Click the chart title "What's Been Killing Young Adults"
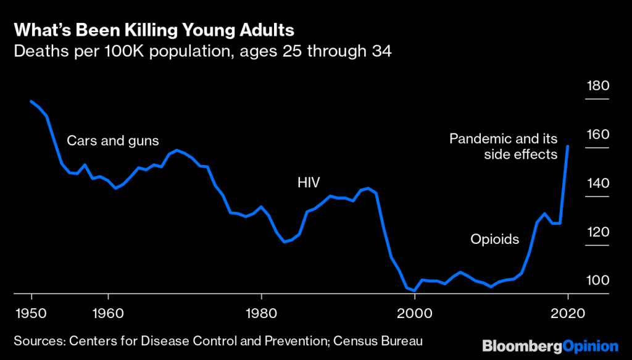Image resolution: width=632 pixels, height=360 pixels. pyautogui.click(x=154, y=30)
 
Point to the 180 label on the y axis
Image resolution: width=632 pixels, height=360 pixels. pyautogui.click(x=597, y=86)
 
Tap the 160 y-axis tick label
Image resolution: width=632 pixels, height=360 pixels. pyautogui.click(x=597, y=135)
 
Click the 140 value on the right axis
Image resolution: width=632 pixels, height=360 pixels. pyautogui.click(x=597, y=184)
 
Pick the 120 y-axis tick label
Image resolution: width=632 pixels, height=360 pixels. pyautogui.click(x=597, y=233)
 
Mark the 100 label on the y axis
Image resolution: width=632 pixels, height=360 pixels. pyautogui.click(x=597, y=282)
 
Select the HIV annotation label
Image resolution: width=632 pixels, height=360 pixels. pyautogui.click(x=309, y=182)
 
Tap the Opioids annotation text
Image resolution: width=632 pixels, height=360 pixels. pyautogui.click(x=495, y=239)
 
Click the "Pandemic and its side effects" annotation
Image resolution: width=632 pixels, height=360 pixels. pyautogui.click(x=504, y=146)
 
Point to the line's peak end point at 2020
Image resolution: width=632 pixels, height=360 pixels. pyautogui.click(x=568, y=146)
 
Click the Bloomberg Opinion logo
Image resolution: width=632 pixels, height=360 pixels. pyautogui.click(x=550, y=345)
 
